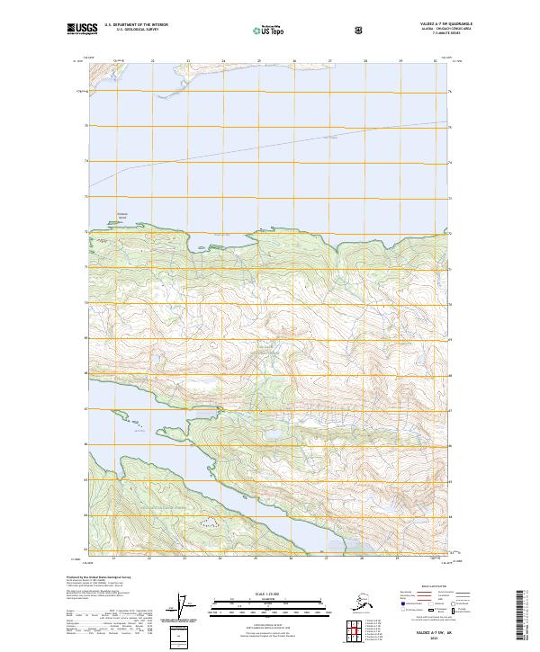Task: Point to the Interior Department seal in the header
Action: (x=360, y=30)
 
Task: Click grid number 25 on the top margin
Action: (x=259, y=61)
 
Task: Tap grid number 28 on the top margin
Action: (x=365, y=61)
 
